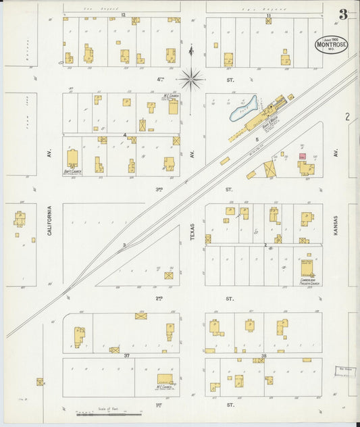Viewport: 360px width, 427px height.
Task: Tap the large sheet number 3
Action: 343,15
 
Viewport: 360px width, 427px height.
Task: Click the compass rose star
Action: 192,80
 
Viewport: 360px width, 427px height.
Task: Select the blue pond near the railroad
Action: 244,108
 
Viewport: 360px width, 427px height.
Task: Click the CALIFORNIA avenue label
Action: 50,221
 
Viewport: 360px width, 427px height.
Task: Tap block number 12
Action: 123,14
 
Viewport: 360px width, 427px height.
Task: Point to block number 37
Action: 126,354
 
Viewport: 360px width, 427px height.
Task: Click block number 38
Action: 263,355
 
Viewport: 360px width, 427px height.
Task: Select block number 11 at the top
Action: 268,15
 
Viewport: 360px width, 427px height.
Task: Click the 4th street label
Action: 161,79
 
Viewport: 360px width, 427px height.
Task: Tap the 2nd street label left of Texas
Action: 159,297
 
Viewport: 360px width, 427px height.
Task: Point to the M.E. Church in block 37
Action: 165,380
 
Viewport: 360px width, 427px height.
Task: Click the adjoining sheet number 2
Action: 347,117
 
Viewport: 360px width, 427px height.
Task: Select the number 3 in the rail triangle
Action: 124,245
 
